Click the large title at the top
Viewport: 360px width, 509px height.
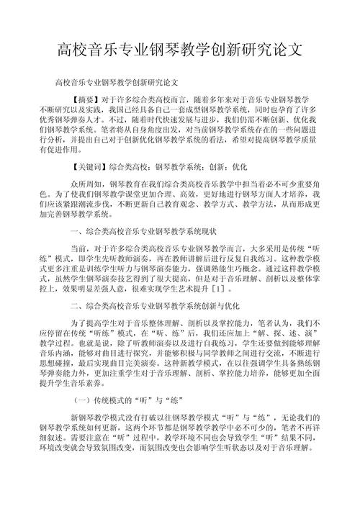(180, 50)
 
